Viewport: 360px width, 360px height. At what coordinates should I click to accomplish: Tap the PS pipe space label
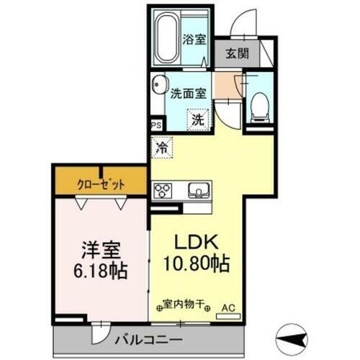pos(156,124)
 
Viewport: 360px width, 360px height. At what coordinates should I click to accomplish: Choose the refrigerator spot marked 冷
pos(163,149)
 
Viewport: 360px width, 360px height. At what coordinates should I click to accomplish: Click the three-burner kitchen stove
pos(163,191)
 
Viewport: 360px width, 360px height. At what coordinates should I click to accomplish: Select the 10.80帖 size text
pos(196,265)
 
